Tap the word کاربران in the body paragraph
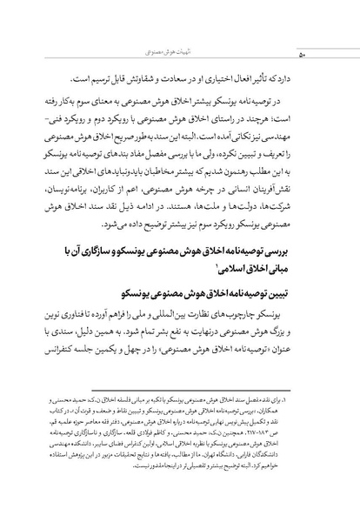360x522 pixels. tap(110, 199)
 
